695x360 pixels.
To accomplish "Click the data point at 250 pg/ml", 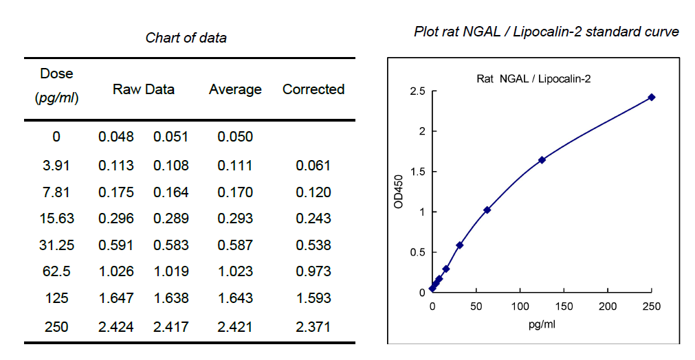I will (651, 98).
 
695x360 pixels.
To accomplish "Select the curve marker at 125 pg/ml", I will (542, 160).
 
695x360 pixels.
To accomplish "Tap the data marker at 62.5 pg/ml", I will (487, 210).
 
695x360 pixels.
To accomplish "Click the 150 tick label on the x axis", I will (564, 306).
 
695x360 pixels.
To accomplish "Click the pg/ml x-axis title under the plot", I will (542, 324).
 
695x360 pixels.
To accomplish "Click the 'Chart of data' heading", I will (186, 38).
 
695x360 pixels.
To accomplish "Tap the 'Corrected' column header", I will (313, 89).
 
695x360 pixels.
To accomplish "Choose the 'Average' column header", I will (235, 89).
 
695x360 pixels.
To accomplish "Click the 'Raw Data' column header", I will (144, 89).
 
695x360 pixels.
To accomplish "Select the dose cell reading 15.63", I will (56, 218).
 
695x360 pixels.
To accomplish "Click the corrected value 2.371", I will (313, 326).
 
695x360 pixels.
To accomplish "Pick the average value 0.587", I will (235, 245).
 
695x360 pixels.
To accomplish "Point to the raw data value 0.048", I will (116, 137).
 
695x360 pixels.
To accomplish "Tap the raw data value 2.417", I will (171, 326).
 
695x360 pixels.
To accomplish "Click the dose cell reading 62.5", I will (56, 272).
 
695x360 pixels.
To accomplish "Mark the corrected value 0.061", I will (313, 166).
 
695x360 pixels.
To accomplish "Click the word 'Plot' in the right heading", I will (426, 32).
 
